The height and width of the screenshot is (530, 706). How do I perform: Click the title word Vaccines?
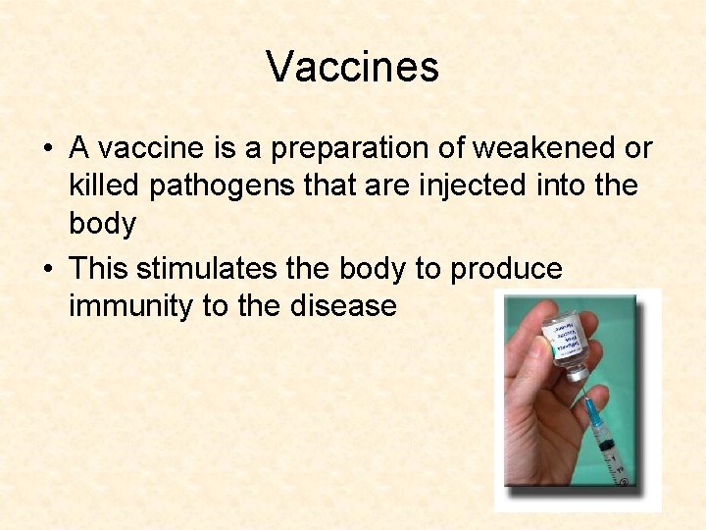pos(352,67)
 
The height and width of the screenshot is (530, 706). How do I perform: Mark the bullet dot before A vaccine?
pos(47,149)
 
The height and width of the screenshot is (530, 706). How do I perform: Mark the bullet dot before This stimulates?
pos(47,269)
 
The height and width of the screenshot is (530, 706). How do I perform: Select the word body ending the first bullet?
pos(102,224)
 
